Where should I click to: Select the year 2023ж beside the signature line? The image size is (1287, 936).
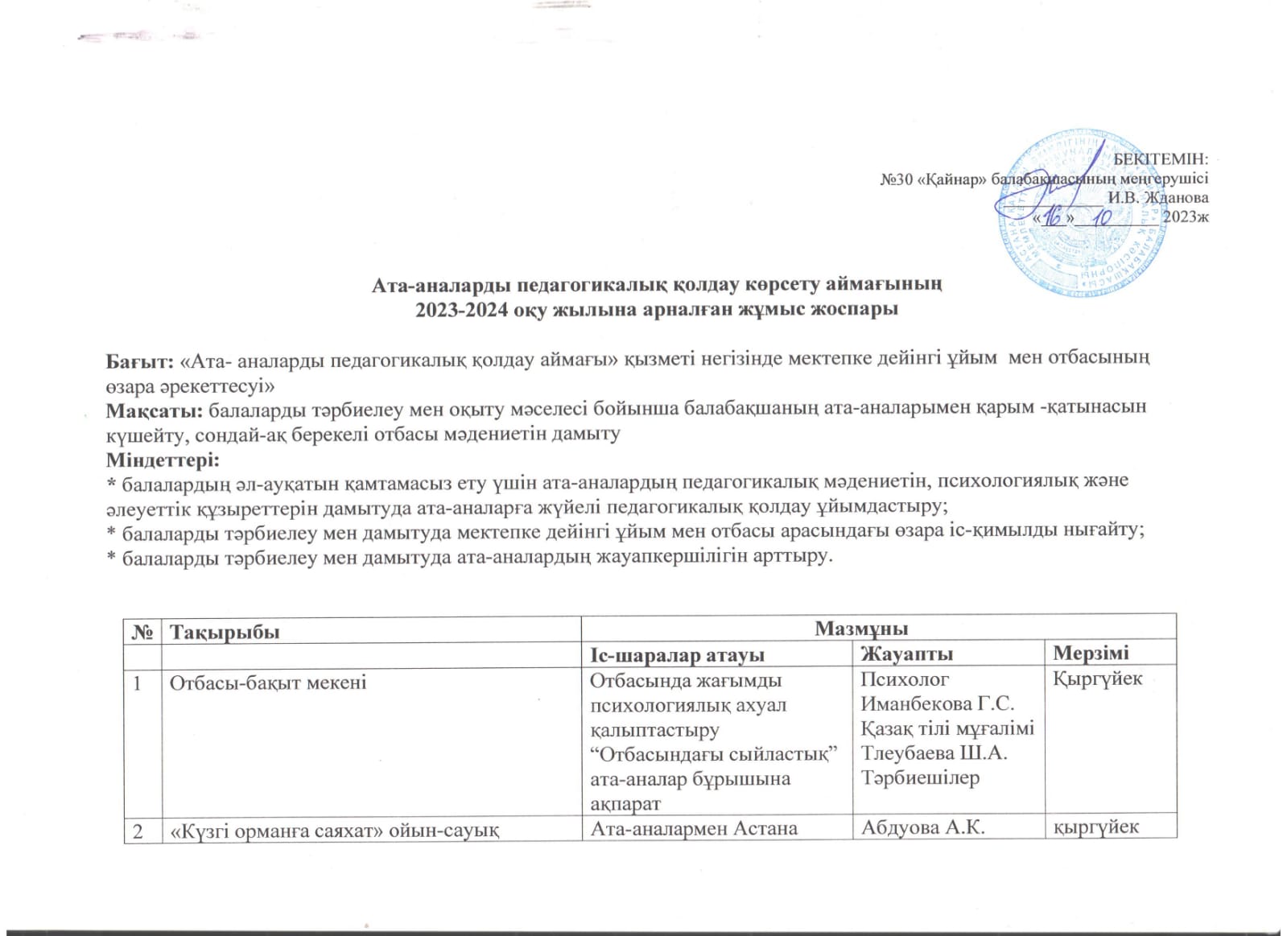[1185, 216]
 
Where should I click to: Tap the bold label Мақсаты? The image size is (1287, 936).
[155, 409]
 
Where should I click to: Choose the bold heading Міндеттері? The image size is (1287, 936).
[163, 460]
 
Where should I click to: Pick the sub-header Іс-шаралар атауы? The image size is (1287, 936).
[677, 655]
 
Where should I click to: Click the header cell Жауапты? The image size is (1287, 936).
[906, 654]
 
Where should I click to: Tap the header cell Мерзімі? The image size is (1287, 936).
[1091, 653]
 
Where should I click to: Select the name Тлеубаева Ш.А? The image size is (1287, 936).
[934, 753]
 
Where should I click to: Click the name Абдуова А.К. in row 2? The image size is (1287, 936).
[922, 827]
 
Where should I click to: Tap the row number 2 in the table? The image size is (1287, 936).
[138, 831]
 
